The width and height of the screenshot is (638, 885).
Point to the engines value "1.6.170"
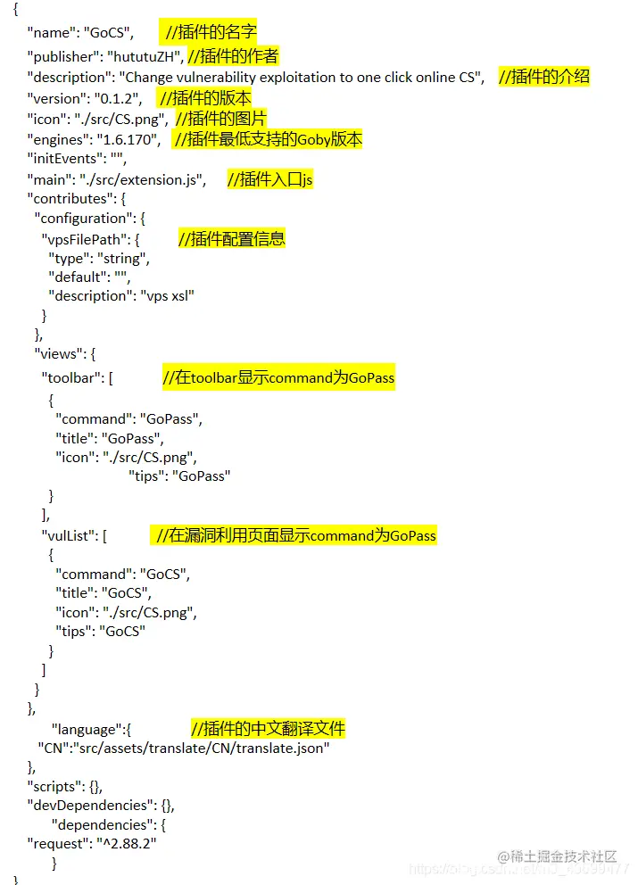point(131,140)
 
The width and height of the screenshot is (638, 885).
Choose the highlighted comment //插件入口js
point(269,180)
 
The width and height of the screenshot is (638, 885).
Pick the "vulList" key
point(70,535)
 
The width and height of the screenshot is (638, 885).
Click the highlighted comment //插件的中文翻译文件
point(268,729)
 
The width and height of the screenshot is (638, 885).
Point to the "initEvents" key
point(62,160)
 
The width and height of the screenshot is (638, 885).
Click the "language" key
point(88,729)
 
